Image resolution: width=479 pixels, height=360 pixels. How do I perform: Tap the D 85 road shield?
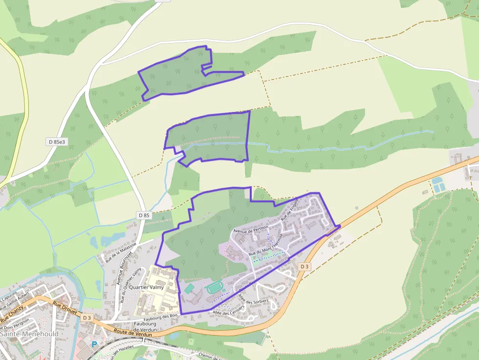pos(144,215)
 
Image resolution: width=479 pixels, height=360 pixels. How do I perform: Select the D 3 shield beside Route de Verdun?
pos(87,318)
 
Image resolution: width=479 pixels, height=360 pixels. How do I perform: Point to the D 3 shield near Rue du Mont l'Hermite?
pos(305,266)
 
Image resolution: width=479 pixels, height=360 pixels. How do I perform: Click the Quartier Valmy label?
pos(146,288)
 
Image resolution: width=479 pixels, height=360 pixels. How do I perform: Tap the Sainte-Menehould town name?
pos(29,334)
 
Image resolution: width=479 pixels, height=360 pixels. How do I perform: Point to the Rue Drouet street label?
pos(63,306)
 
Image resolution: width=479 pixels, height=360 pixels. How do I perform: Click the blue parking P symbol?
pos(95,344)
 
